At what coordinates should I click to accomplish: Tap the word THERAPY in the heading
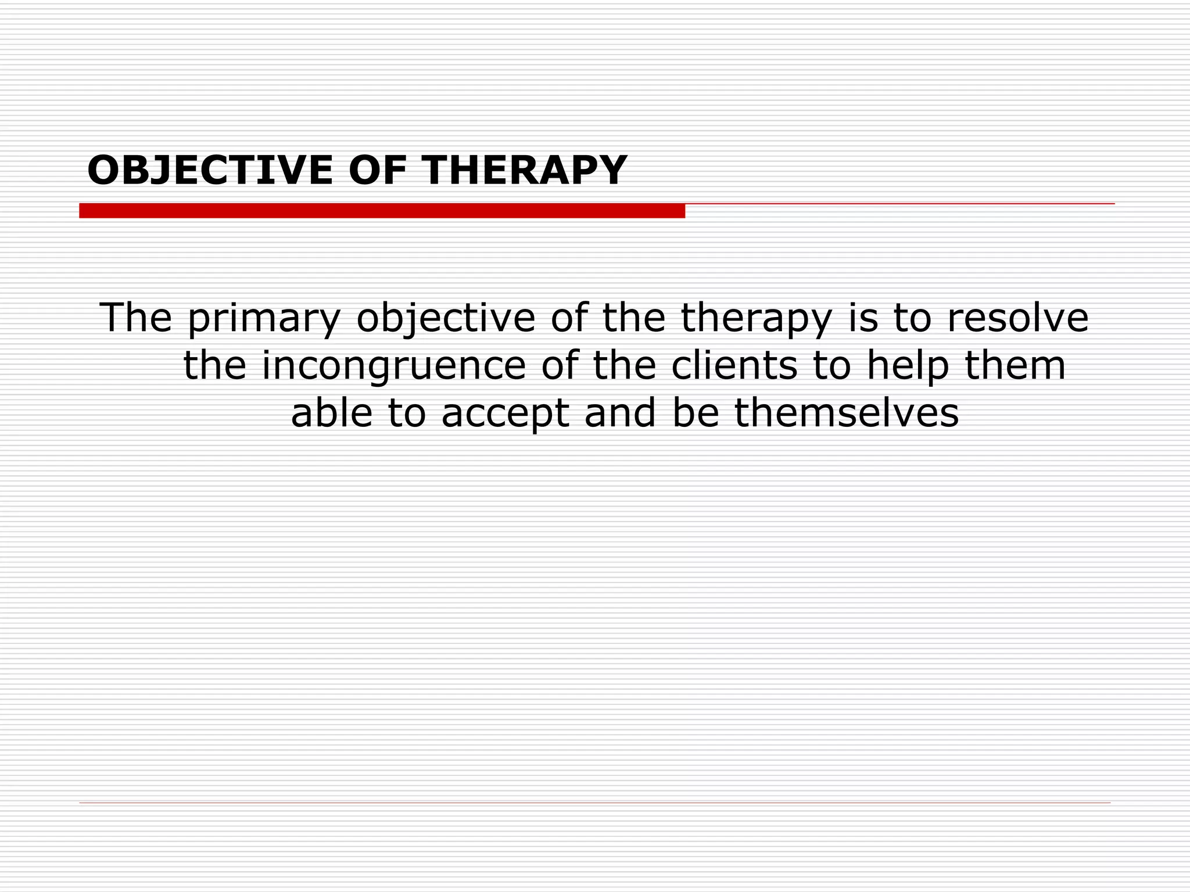(x=525, y=171)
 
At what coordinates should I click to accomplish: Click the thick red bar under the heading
(x=382, y=211)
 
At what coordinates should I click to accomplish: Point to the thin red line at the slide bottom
(x=594, y=803)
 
